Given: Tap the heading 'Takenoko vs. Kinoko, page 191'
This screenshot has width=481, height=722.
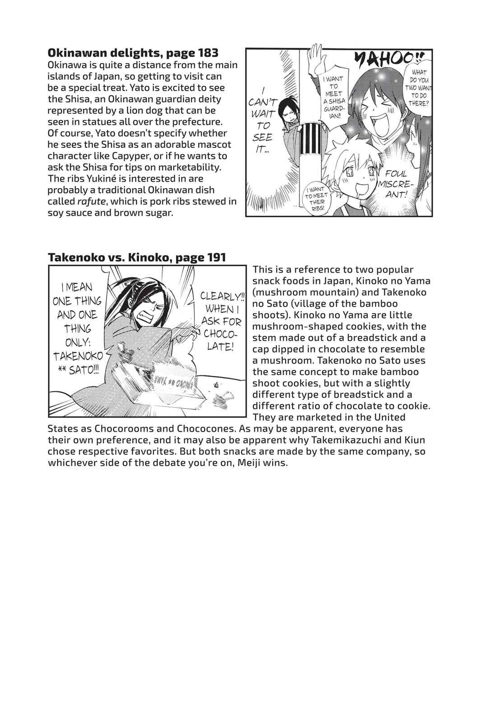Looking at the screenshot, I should [136, 258].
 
